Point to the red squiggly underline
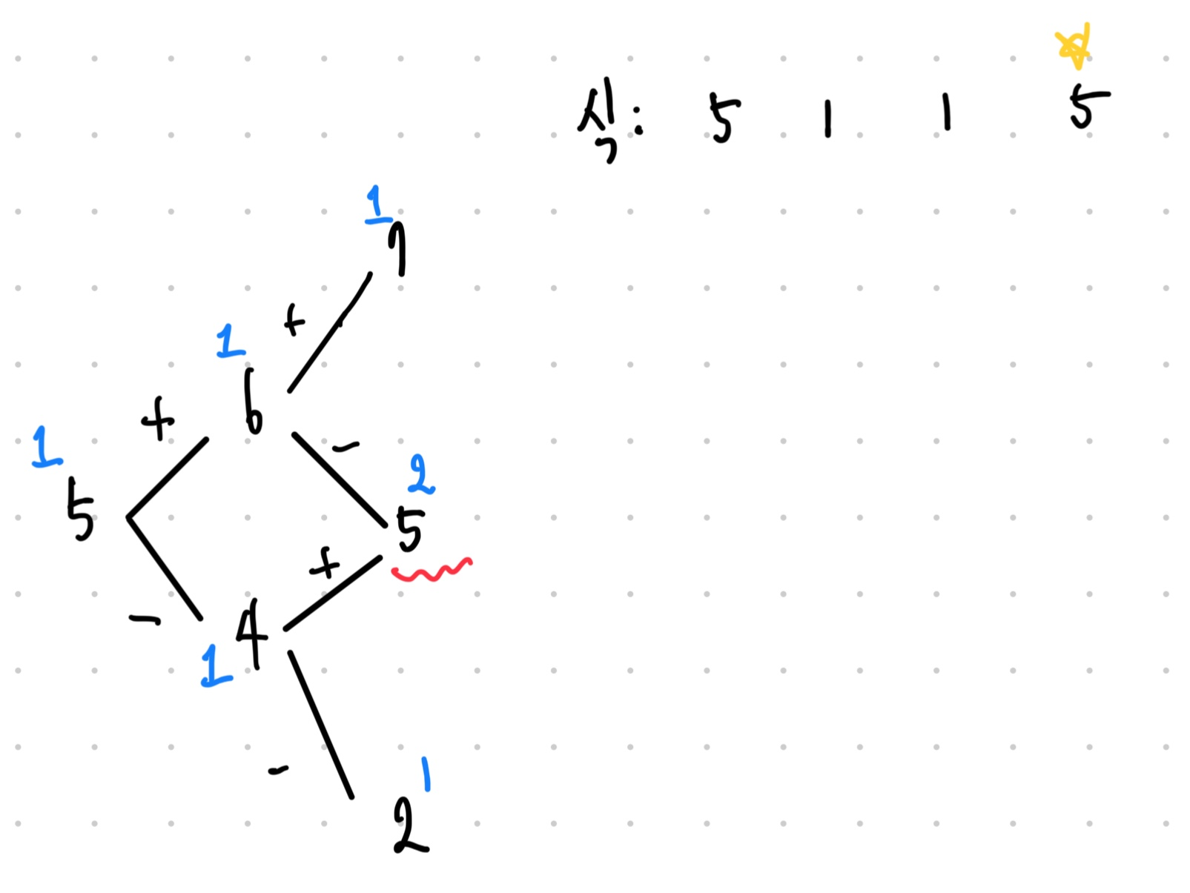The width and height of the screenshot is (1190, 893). (432, 571)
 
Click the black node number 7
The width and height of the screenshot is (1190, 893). (398, 248)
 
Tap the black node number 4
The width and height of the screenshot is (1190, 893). (252, 632)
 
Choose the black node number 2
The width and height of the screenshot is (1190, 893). (409, 826)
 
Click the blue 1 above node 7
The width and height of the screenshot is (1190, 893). (378, 205)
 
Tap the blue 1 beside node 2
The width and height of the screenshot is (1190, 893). (426, 774)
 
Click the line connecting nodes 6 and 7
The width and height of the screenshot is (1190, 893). (330, 333)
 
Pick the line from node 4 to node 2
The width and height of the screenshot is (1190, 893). (320, 725)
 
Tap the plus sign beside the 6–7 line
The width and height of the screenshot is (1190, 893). (294, 320)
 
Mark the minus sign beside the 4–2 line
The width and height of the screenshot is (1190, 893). (278, 771)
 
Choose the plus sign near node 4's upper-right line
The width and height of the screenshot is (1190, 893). (324, 565)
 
